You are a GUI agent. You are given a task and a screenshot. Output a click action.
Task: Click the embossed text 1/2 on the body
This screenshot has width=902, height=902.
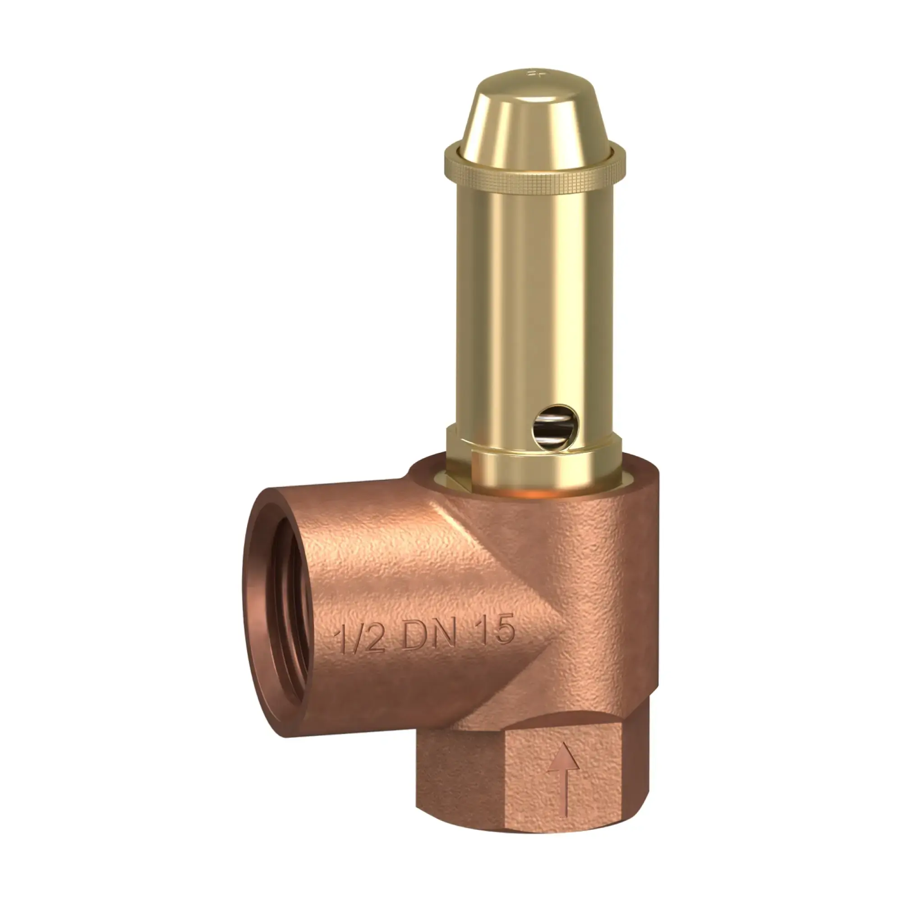360,640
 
